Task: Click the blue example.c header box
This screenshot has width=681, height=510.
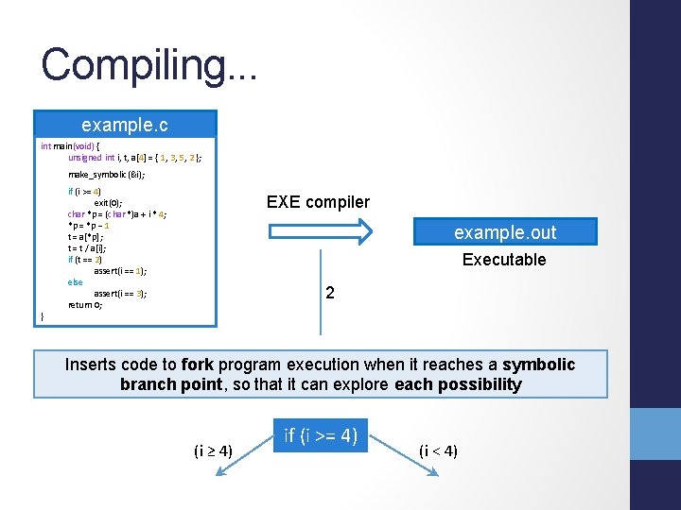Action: pyautogui.click(x=125, y=124)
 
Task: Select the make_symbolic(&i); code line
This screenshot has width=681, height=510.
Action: pyautogui.click(x=106, y=175)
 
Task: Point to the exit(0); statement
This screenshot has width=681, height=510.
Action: pyautogui.click(x=107, y=202)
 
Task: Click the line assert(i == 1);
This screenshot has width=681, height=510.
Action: pyautogui.click(x=120, y=270)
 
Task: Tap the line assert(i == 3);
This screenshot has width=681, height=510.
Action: pyautogui.click(x=120, y=293)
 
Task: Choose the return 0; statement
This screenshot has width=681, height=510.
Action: pyautogui.click(x=85, y=304)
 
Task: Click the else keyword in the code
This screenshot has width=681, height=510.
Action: pyautogui.click(x=76, y=281)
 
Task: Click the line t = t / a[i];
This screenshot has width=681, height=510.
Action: pyautogui.click(x=90, y=247)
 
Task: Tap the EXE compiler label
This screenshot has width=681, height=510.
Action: pyautogui.click(x=318, y=202)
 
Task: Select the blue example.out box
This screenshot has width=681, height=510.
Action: pyautogui.click(x=505, y=232)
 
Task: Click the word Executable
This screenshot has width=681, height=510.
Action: pyautogui.click(x=504, y=260)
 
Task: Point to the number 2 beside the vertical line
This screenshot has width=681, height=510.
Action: pyautogui.click(x=329, y=294)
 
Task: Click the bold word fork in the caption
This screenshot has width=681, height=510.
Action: pyautogui.click(x=198, y=365)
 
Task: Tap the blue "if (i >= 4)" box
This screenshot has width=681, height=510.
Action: pyautogui.click(x=321, y=435)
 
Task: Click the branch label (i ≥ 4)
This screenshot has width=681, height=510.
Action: pyautogui.click(x=213, y=450)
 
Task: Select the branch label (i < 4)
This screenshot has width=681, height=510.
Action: pyautogui.click(x=438, y=450)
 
